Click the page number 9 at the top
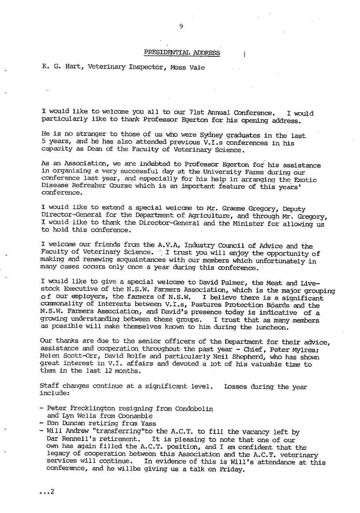[181, 26]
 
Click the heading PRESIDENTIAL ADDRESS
[182, 52]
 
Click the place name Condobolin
[194, 409]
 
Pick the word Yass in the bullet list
[148, 423]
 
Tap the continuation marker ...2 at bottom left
[47, 492]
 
